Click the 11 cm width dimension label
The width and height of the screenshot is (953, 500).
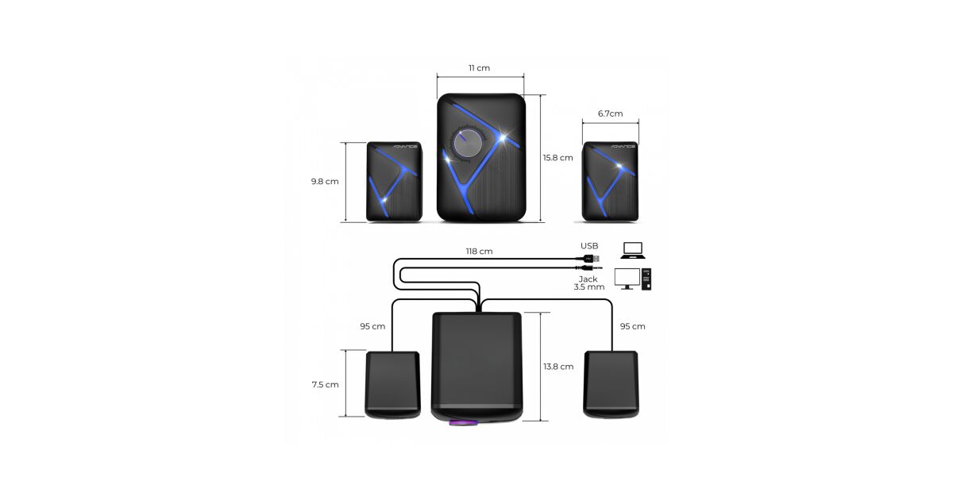coord(479,68)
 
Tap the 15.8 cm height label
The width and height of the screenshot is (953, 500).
coord(558,158)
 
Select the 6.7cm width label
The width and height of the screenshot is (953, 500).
coord(610,113)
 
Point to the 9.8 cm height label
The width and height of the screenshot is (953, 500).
coord(325,182)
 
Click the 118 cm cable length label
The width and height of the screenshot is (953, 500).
coord(479,252)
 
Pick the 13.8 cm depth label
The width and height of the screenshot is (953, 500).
coord(558,367)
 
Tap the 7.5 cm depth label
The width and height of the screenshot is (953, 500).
coord(325,385)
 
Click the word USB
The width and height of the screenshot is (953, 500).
coord(589,246)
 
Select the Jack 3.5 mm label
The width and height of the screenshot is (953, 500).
coord(588,283)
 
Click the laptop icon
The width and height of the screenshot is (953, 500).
coord(633,251)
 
